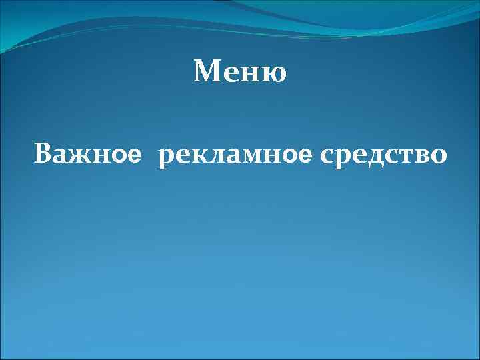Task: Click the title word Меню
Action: click(x=240, y=71)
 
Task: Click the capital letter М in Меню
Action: click(x=206, y=71)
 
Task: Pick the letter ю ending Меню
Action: click(x=275, y=73)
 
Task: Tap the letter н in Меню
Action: click(x=253, y=73)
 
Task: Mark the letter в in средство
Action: click(x=422, y=157)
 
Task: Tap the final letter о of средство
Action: click(x=438, y=157)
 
